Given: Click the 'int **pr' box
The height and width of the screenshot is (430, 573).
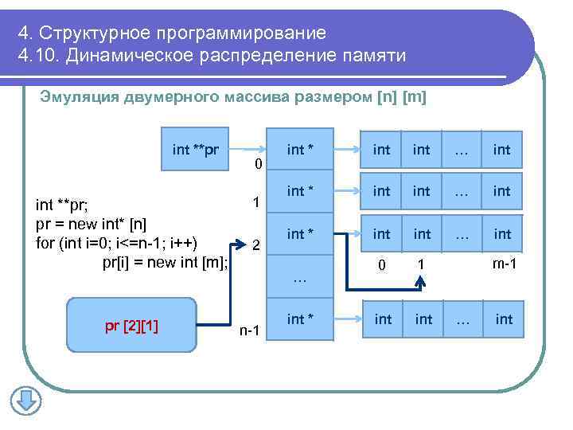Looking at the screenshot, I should coord(196,149).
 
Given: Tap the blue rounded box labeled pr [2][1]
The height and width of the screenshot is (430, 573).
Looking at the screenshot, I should coord(131,325).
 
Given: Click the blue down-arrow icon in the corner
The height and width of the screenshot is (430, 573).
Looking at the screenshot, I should coord(25,400).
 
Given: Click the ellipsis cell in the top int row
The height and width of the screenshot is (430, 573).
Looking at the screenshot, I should coord(462,149).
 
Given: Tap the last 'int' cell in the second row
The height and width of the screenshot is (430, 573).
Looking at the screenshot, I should coord(501,191).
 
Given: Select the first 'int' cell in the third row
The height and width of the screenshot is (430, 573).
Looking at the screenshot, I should coord(382,234).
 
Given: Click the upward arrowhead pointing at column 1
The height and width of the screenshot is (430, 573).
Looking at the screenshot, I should coord(422,280).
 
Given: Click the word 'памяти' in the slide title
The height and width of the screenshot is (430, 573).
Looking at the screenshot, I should coord(373,57).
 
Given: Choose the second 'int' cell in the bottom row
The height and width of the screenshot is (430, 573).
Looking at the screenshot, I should coord(424,319).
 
